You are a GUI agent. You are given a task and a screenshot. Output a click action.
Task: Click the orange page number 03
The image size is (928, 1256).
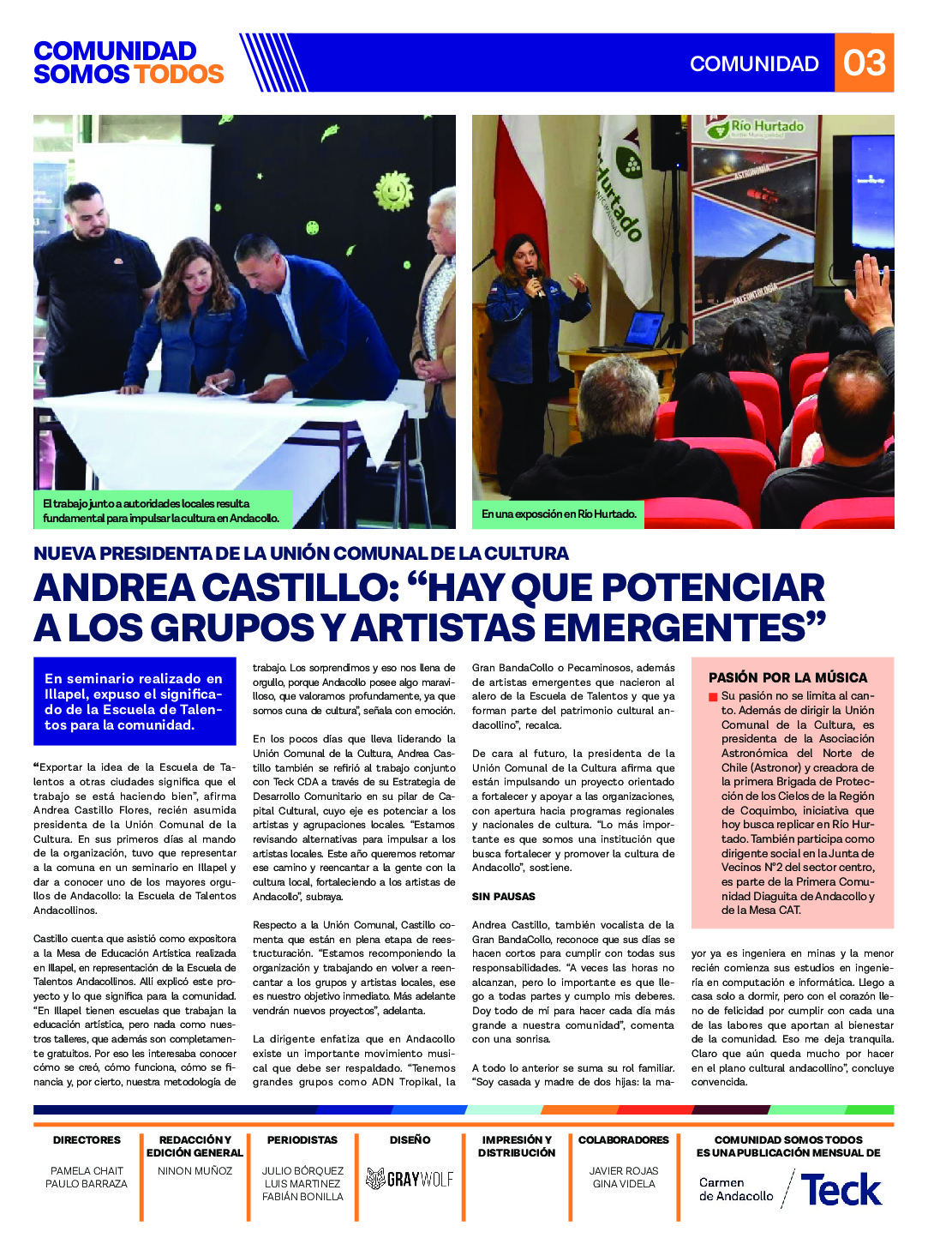tap(864, 63)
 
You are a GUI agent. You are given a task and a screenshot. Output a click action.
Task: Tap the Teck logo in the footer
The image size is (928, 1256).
tap(841, 1190)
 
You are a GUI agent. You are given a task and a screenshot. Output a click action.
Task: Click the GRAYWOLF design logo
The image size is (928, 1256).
tap(410, 1179)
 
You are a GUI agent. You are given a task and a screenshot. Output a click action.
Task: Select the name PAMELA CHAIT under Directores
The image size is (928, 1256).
tap(87, 1170)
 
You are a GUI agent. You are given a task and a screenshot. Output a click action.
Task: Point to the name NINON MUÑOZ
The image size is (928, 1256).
tap(195, 1170)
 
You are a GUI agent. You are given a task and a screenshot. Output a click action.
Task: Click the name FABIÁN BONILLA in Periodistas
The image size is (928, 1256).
tap(302, 1196)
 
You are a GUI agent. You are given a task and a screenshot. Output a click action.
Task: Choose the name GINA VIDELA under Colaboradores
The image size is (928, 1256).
tap(624, 1183)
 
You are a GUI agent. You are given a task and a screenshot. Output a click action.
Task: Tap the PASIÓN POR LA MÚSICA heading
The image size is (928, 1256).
tap(787, 677)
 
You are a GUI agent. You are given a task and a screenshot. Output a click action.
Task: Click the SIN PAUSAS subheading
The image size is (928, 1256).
tap(503, 896)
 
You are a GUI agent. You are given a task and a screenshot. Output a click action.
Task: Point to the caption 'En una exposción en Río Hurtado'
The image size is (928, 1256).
tap(559, 514)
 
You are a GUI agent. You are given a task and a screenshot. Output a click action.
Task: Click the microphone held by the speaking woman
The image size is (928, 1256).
tap(532, 279)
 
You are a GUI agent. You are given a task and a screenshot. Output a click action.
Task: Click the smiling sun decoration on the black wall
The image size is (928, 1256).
tap(393, 190)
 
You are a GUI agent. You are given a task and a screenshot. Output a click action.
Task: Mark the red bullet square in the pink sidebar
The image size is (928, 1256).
tap(713, 697)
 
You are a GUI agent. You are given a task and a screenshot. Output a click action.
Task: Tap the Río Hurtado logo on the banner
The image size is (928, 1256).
tap(757, 129)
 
